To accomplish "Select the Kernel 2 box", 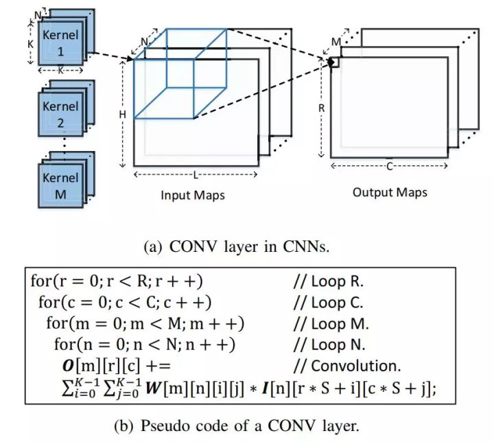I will coord(60,115).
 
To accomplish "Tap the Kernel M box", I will coord(60,186).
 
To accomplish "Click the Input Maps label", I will coord(193,195).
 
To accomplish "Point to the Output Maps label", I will coord(390,191).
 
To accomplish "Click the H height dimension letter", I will coord(123,114).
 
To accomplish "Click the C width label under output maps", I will coord(390,165).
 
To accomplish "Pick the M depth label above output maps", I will coord(336,43).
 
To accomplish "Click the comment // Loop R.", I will coord(328,281).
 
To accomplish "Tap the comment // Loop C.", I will coord(328,302).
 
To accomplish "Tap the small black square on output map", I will coord(335,62).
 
